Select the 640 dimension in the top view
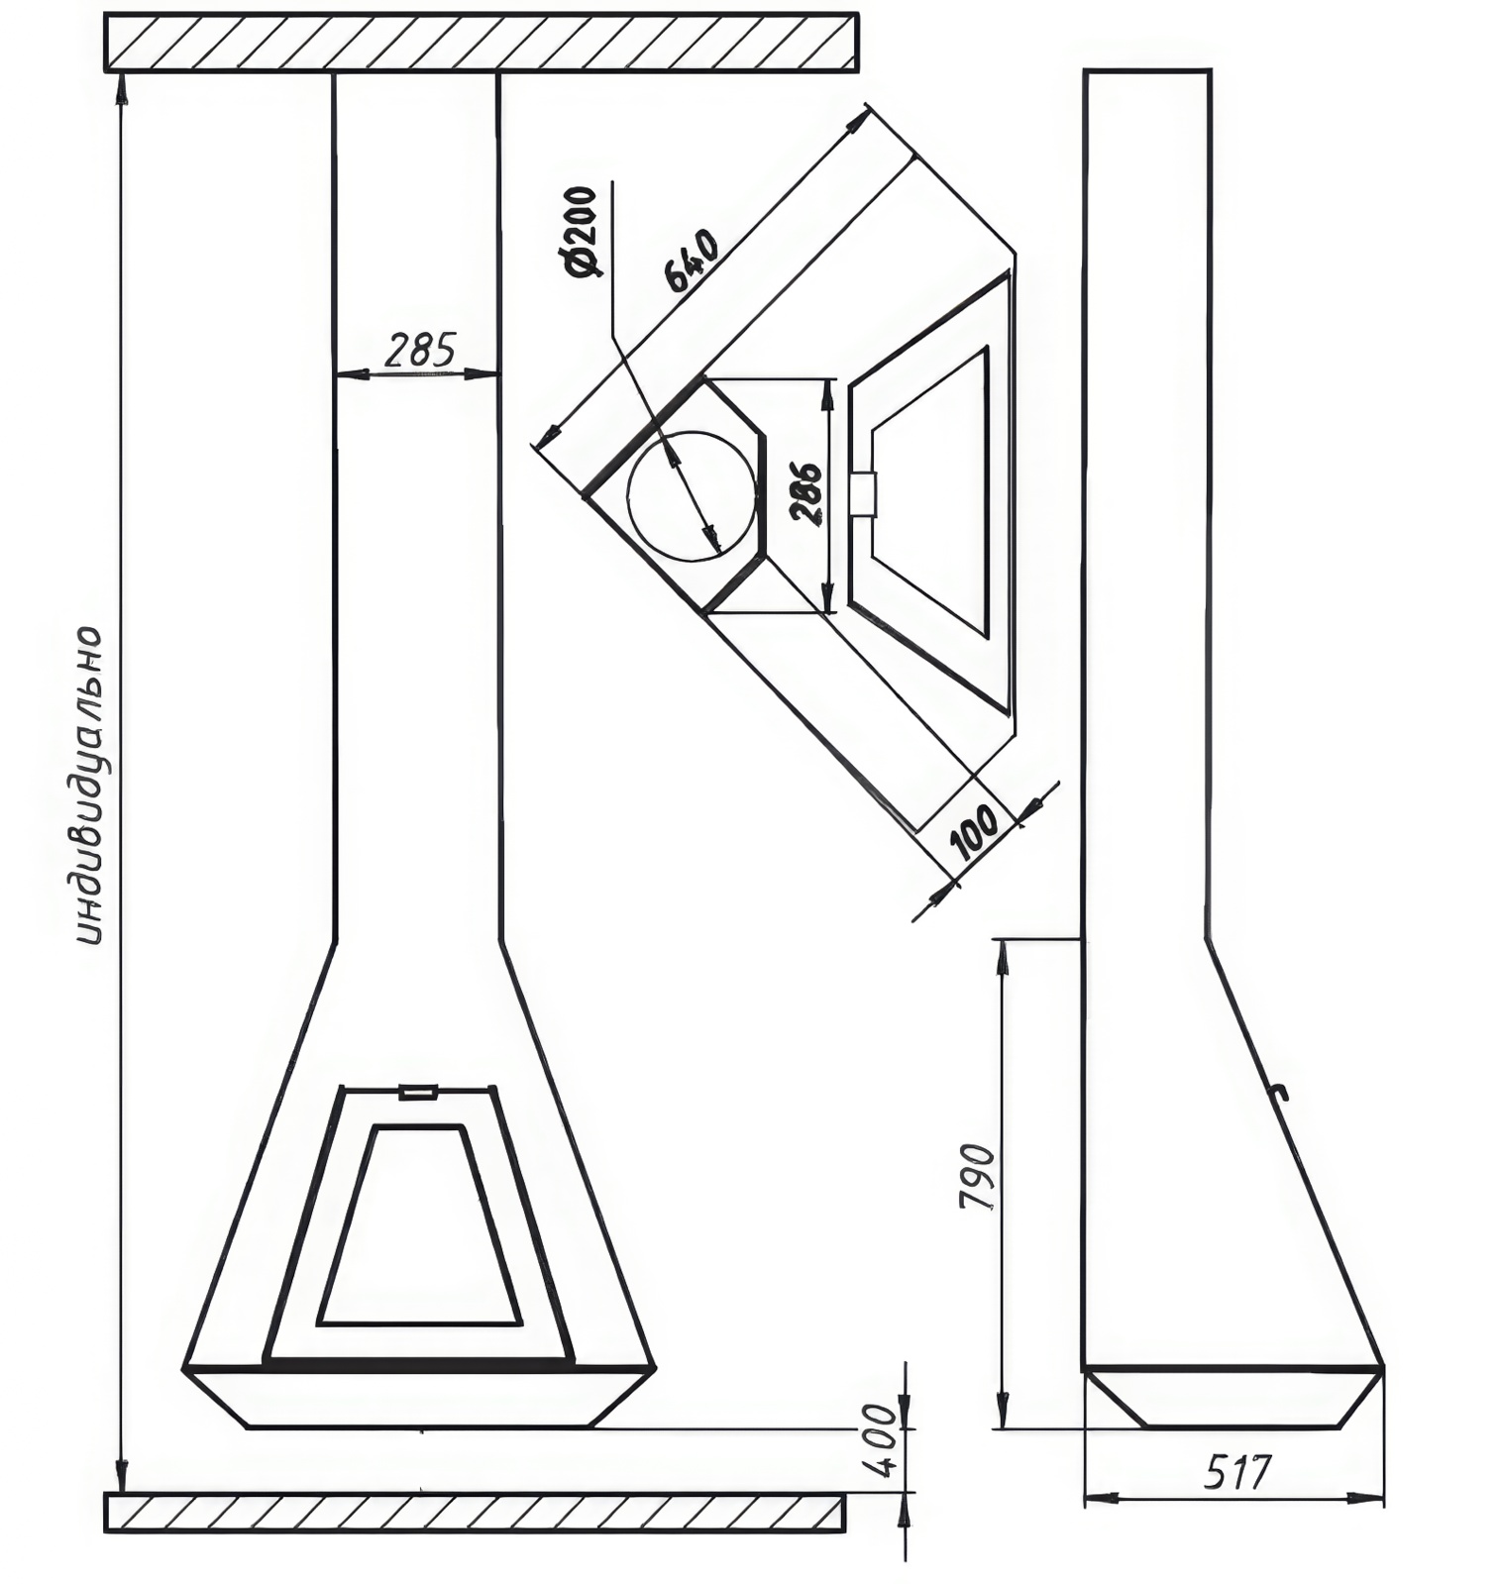coord(690,261)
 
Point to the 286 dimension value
coord(804,492)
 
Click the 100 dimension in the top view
coord(976,831)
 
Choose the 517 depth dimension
coord(1235,1472)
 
